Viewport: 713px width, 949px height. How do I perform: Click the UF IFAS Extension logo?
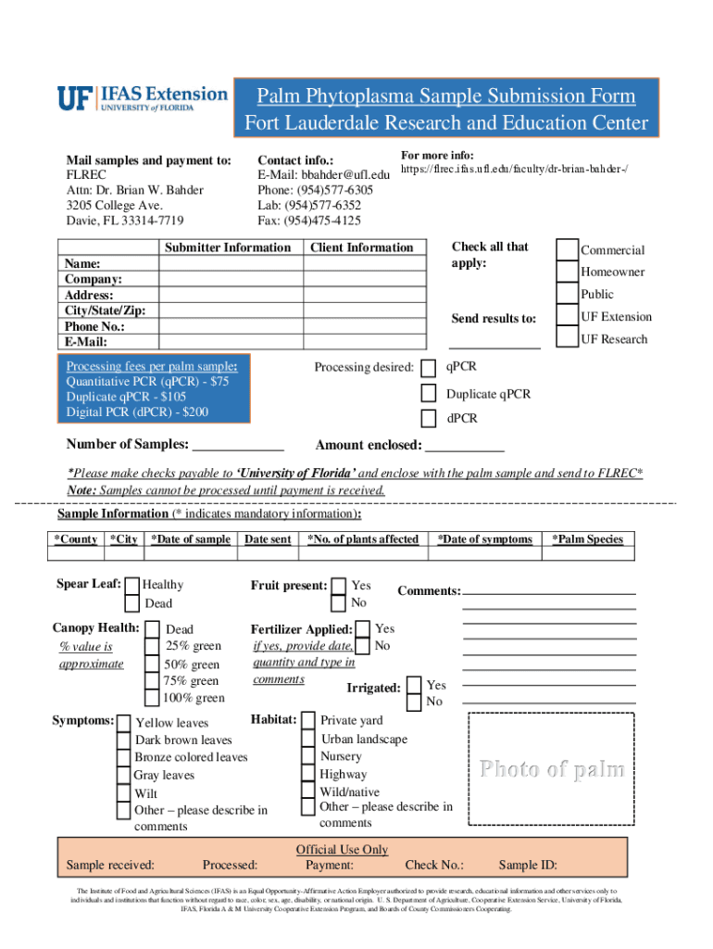coord(142,99)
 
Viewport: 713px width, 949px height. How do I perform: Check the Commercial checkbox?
coord(567,249)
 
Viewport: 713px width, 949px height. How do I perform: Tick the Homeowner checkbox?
coord(567,272)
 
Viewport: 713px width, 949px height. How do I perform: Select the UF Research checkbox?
coord(567,338)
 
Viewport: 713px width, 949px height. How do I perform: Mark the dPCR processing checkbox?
coord(429,418)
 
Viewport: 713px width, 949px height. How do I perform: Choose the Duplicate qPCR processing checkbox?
coord(429,393)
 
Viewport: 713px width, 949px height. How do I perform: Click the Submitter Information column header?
coord(227,247)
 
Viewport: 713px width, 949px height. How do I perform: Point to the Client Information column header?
coord(361,247)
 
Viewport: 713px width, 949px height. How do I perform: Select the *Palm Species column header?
coord(587,539)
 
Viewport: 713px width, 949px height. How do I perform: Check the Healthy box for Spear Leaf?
coord(133,586)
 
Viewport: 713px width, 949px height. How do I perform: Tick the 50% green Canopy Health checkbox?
coord(153,664)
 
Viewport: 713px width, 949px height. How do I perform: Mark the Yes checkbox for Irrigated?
coord(416,685)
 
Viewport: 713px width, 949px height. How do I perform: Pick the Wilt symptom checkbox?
coord(123,793)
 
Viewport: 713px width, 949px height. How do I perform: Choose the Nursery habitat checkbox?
coord(308,756)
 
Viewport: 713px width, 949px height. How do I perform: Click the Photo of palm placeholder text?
coord(551,769)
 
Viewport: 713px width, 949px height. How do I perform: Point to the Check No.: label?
coord(434,866)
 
